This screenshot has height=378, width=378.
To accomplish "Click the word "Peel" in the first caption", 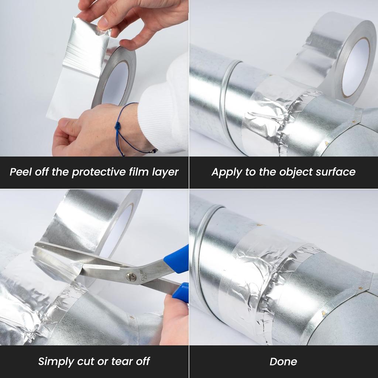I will (21, 172).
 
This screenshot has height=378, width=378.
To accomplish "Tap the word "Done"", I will (283, 361).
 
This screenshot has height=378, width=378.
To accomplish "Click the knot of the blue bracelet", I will (119, 126).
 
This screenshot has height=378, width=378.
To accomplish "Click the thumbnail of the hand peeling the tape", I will (104, 23).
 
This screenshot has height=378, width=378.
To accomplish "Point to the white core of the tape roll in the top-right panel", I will (355, 66).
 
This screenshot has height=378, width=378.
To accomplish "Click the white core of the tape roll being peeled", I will (115, 83).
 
